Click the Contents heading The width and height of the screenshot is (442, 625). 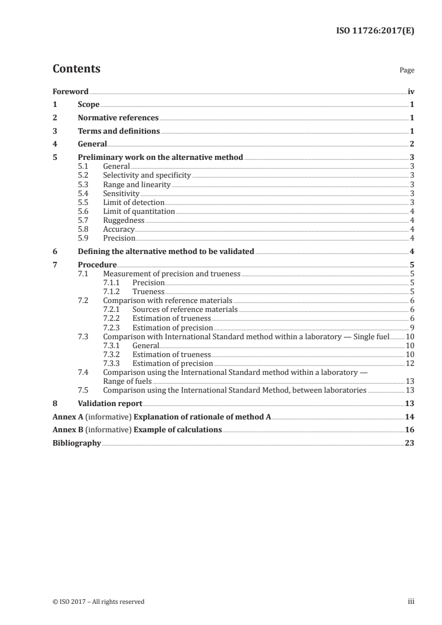point(76,69)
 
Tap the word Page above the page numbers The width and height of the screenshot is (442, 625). point(407,71)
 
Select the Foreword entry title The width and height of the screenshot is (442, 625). point(70,91)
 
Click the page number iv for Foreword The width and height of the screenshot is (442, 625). point(411,91)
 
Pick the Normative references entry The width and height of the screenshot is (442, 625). point(118,118)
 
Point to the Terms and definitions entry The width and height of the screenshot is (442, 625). point(119,131)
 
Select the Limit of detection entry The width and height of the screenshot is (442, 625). point(134,202)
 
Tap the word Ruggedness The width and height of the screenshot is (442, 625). point(124,220)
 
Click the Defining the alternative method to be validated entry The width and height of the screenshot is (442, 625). point(166,251)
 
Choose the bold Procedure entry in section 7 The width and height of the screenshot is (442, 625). point(98,265)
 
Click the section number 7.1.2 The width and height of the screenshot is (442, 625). point(113,291)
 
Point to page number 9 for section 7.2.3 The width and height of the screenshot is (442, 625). point(411,327)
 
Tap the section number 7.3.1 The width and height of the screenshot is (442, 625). point(113,345)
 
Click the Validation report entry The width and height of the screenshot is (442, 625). point(110,403)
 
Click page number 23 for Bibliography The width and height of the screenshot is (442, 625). point(410,443)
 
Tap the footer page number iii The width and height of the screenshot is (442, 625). point(411,602)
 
